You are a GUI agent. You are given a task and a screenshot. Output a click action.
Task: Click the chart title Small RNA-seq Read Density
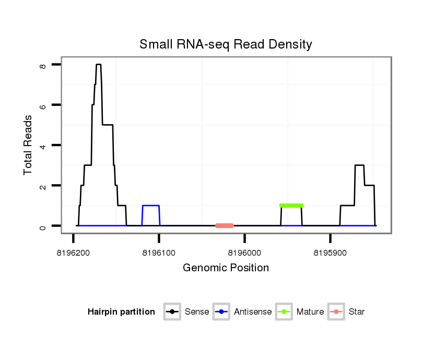(226, 44)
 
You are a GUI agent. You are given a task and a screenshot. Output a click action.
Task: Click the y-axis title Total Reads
(29, 145)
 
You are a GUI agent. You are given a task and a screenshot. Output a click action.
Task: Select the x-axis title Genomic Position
(226, 268)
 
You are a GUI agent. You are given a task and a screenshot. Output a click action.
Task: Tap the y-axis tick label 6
(42, 105)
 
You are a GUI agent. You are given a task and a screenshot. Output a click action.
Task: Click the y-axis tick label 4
(42, 145)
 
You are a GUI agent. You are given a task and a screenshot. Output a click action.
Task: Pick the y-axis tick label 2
(42, 186)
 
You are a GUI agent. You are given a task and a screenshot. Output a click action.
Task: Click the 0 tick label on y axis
(42, 226)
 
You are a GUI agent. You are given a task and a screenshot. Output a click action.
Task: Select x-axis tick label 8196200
(73, 253)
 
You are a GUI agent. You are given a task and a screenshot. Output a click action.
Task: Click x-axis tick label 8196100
(159, 253)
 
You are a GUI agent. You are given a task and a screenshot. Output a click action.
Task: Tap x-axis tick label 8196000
(245, 253)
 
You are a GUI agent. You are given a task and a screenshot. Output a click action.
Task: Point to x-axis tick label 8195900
(331, 253)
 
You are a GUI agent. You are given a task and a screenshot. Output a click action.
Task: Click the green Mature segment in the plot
(291, 206)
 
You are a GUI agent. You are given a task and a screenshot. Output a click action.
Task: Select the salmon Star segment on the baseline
(225, 226)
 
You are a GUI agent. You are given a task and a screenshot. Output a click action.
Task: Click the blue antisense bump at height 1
(151, 206)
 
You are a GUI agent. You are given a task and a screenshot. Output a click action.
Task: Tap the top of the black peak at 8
(98, 65)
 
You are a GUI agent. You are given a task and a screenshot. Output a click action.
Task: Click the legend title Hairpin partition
(121, 312)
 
